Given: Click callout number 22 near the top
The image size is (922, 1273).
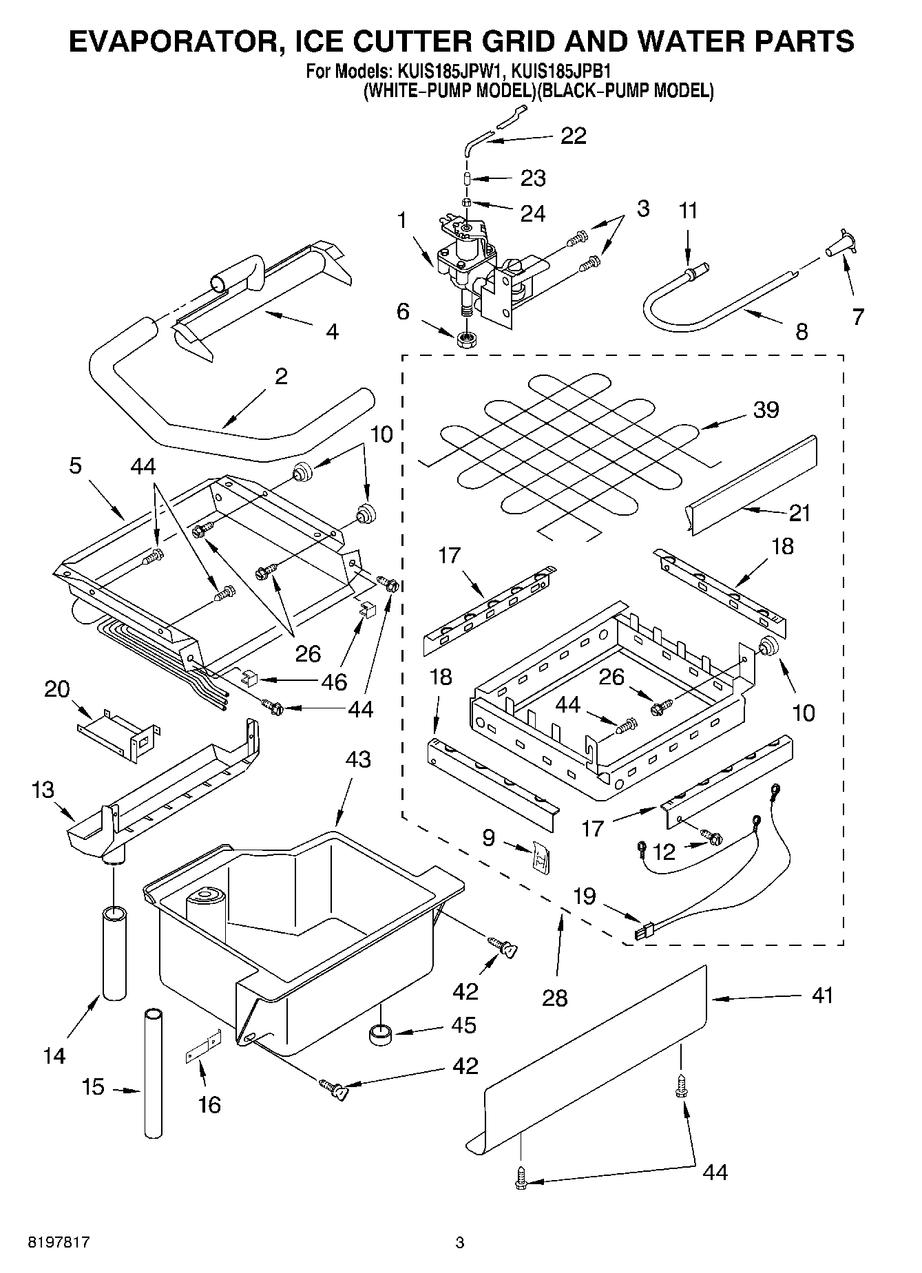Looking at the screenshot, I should tap(573, 136).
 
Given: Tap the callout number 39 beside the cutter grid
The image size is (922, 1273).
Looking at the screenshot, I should tap(766, 410).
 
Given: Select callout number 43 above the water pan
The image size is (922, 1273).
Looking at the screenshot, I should tap(357, 759).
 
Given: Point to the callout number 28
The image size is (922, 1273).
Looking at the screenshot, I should tap(554, 997).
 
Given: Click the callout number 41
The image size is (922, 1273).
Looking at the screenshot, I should tap(821, 996).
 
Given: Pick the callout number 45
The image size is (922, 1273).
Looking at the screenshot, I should tap(463, 1025).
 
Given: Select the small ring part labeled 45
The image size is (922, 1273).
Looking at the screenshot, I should tap(379, 1034).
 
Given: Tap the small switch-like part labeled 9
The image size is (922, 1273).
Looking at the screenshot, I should tap(541, 859).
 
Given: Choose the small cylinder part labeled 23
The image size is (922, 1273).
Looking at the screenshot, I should tap(468, 179).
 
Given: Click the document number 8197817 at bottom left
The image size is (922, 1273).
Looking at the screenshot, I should tap(59, 1243).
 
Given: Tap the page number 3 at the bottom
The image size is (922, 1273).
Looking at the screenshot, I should tap(460, 1243).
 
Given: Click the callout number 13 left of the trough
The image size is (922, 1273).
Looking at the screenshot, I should tap(43, 790).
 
